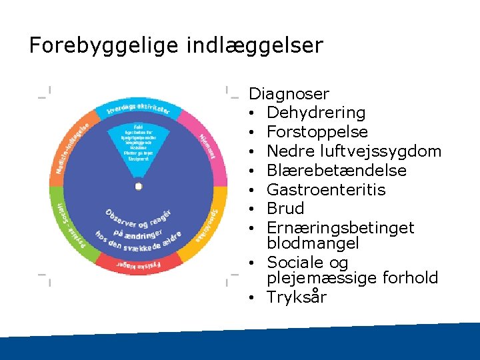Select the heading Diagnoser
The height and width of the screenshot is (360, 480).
click(289, 94)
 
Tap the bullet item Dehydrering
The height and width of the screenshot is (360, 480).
click(316, 113)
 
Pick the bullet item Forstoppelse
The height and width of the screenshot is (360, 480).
click(317, 132)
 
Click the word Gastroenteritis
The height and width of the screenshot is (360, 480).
click(326, 190)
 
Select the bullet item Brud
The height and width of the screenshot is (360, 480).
click(285, 209)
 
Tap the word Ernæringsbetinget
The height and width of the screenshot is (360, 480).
click(340, 228)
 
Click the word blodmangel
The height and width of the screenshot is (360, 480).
click(313, 243)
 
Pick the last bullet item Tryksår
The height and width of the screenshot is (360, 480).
click(297, 297)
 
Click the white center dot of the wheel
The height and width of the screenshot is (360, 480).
click(138, 186)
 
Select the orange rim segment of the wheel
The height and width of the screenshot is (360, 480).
click(74, 144)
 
